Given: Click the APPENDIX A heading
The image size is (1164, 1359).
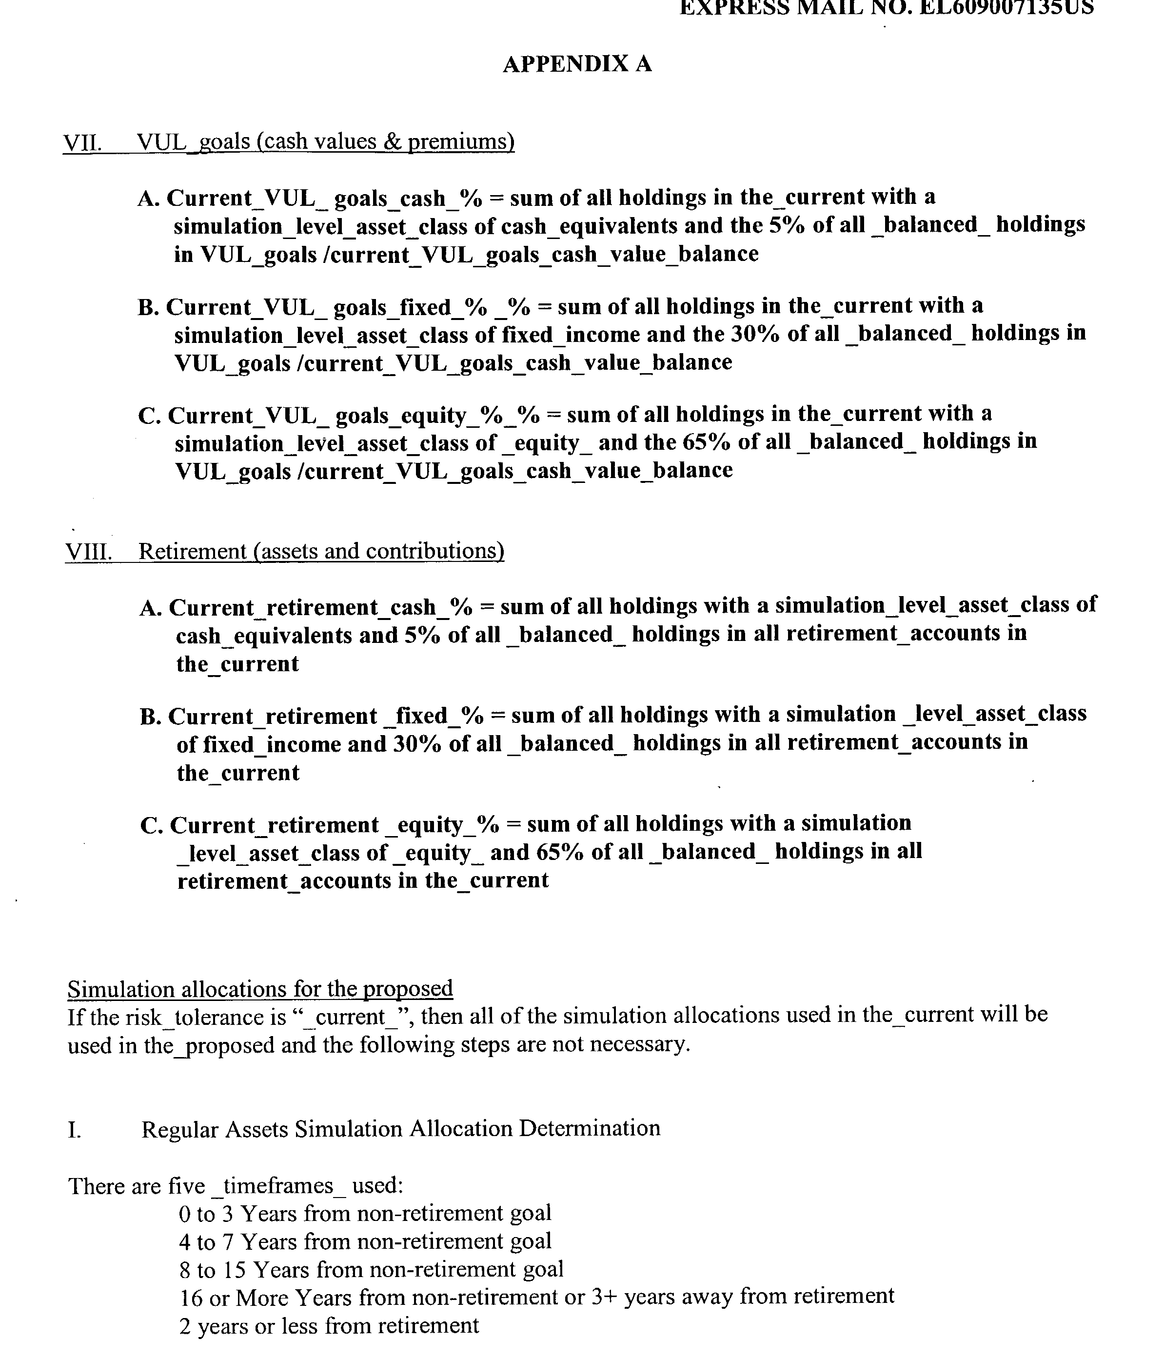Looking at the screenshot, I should coord(577,64).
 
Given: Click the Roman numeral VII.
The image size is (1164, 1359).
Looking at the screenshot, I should coord(82,142).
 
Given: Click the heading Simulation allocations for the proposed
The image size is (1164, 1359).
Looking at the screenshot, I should coord(260,988).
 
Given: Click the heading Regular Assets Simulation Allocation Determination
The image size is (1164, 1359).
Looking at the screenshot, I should coord(401,1129).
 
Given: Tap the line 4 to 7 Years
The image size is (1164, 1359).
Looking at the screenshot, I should coord(365,1241).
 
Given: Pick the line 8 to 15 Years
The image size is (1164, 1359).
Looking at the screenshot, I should coord(371,1270).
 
